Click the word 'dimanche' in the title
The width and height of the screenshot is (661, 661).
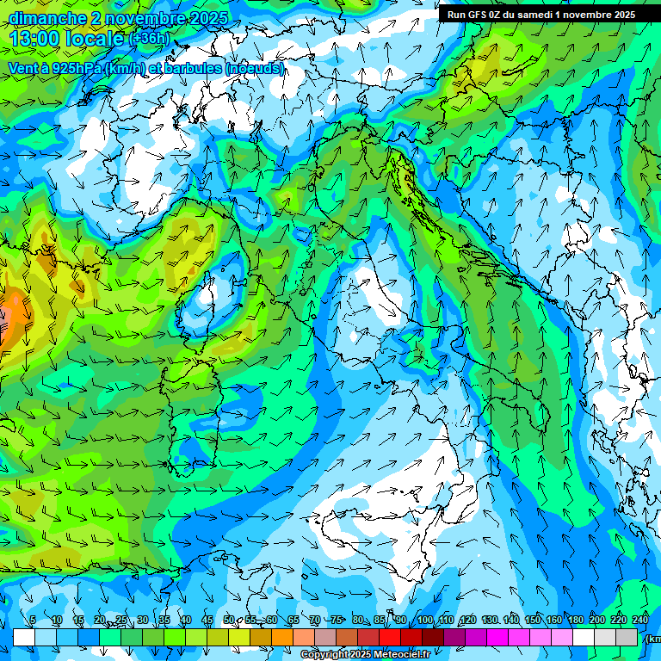48,18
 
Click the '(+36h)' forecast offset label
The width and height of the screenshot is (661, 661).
149,39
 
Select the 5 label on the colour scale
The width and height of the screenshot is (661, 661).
33,620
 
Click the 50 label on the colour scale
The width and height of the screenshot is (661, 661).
228,620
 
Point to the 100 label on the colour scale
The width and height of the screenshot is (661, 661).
425,620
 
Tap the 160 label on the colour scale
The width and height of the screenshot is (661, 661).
554,620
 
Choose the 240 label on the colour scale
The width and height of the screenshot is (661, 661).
640,620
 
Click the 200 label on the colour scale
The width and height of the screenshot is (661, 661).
597,620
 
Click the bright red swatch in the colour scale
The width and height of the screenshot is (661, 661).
390,637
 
